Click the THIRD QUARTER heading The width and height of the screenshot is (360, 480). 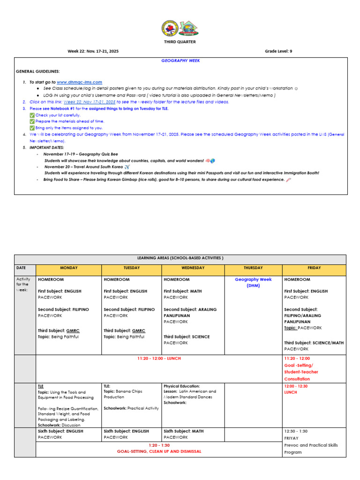[x=180, y=42]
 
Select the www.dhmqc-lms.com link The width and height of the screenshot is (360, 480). [x=79, y=82]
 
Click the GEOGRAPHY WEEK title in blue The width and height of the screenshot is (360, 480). [x=180, y=61]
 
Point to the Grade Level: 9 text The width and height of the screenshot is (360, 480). [x=278, y=51]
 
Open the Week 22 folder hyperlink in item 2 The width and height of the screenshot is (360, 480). [x=90, y=102]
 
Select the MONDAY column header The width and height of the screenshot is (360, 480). [x=68, y=268]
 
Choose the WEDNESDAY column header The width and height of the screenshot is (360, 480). [x=193, y=268]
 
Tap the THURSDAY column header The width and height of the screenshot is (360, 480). [x=253, y=268]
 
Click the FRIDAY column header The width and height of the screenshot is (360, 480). [x=314, y=268]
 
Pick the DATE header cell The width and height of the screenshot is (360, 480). [x=21, y=268]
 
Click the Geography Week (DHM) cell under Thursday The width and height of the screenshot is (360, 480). [x=253, y=282]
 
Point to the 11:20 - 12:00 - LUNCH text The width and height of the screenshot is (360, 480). [x=159, y=359]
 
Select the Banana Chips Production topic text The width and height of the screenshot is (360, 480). [x=123, y=394]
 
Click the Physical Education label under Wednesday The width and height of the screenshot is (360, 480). [x=181, y=386]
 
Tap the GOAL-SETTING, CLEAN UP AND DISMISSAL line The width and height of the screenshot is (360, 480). [x=159, y=451]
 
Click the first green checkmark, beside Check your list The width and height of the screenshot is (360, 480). [x=32, y=115]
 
